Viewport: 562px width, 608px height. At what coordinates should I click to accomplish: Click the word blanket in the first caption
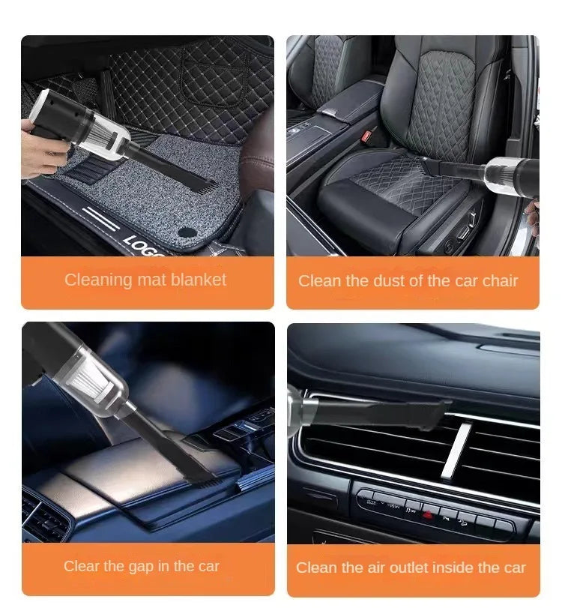click(197, 280)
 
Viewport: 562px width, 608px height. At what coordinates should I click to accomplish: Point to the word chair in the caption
click(499, 281)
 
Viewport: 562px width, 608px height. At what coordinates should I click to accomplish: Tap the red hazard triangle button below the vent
click(428, 515)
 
